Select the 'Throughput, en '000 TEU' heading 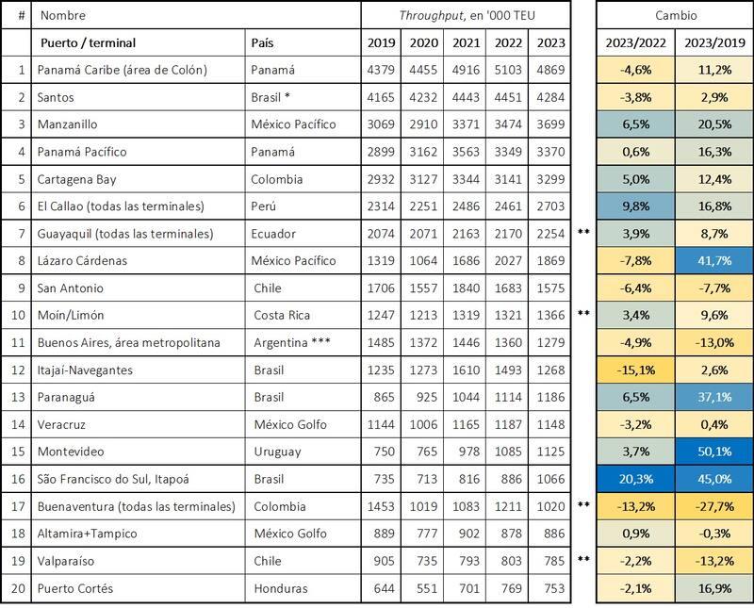(x=466, y=16)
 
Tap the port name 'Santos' (x=56, y=96)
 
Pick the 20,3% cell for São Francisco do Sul (x=634, y=479)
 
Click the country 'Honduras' (x=282, y=588)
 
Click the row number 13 (x=16, y=397)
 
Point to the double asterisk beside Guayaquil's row (x=583, y=233)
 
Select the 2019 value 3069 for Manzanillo (x=383, y=123)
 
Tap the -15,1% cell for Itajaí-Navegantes (x=634, y=370)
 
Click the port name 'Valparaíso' (x=68, y=561)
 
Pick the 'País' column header (x=264, y=42)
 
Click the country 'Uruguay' (x=278, y=452)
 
